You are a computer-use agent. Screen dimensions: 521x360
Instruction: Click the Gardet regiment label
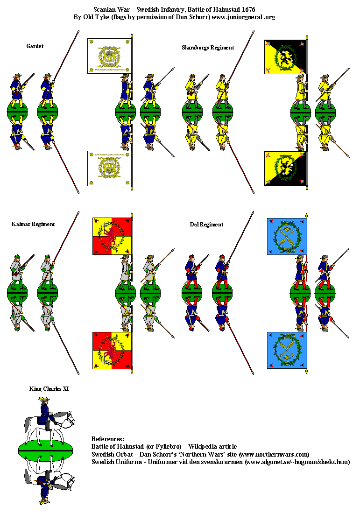click(x=35, y=46)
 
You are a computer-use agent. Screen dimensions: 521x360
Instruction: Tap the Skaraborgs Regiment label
click(x=208, y=48)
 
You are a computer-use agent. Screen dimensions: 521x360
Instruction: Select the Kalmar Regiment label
click(x=33, y=224)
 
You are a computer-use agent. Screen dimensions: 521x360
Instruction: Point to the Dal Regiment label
click(x=206, y=225)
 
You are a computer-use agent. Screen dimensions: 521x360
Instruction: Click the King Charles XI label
click(x=49, y=388)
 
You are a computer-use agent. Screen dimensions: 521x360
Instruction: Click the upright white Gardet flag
click(x=109, y=56)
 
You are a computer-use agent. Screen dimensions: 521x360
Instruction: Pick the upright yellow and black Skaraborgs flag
click(x=285, y=57)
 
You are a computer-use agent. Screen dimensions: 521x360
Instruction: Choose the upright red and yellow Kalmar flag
click(x=112, y=236)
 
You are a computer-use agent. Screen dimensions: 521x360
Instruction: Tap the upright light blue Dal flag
click(x=287, y=236)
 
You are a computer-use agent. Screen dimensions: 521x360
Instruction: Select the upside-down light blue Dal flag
click(x=287, y=350)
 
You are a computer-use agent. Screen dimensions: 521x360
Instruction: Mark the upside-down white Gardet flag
click(x=109, y=168)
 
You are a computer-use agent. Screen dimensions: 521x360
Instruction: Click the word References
click(x=108, y=439)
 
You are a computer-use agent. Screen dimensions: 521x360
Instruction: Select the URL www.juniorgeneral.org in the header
click(x=243, y=17)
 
